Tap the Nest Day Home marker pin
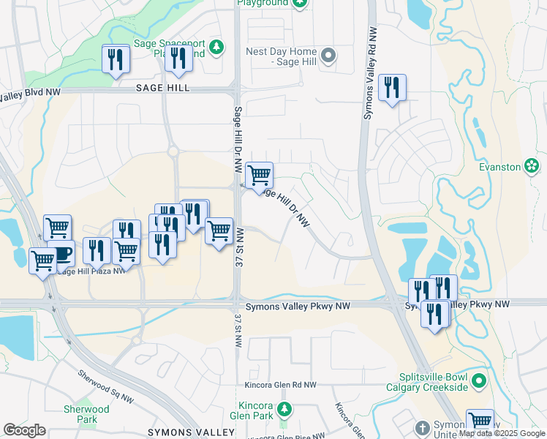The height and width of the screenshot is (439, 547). (328, 55)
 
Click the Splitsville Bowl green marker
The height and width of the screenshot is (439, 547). (479, 380)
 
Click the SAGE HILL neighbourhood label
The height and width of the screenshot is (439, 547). (162, 88)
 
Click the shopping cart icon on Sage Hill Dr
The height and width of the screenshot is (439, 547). (259, 175)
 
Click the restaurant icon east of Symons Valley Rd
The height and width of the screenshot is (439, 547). (392, 88)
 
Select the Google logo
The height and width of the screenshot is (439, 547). (25, 429)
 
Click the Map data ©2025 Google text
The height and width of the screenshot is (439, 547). (502, 433)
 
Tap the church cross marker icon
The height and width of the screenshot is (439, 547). (422, 427)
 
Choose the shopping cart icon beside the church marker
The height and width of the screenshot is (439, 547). (480, 421)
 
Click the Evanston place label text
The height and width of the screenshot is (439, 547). (499, 167)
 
